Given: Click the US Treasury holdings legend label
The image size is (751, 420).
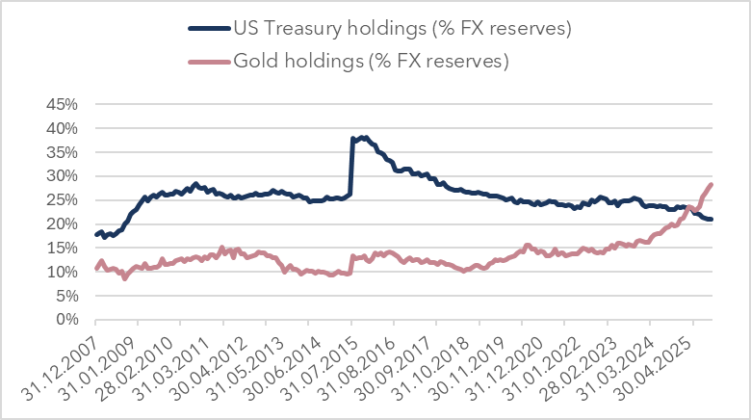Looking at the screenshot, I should tap(403, 28).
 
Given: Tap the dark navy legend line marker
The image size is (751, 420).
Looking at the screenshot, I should tap(206, 28).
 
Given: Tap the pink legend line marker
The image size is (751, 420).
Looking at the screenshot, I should tap(206, 61).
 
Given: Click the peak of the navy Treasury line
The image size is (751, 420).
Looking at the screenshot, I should tap(363, 138).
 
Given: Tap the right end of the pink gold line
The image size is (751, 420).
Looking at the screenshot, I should tap(712, 184).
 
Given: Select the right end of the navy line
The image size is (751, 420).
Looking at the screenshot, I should tap(712, 220).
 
